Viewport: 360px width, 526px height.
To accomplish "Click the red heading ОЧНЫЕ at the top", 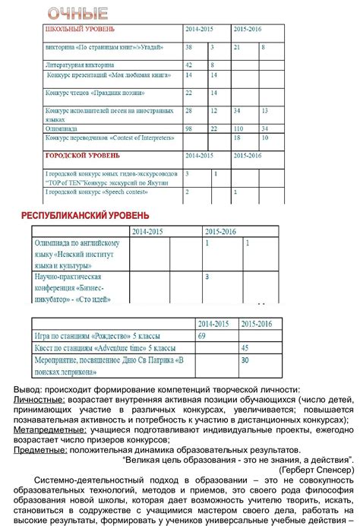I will point(77,13).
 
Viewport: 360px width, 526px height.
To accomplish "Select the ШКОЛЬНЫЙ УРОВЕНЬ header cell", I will point(81,29).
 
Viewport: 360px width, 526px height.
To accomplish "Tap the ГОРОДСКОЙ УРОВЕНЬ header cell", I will point(83,156).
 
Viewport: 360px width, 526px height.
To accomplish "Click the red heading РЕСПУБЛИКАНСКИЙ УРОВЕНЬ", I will point(84,216).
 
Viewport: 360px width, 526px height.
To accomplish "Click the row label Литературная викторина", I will point(79,66).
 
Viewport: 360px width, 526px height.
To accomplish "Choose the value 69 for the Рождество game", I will point(202,335).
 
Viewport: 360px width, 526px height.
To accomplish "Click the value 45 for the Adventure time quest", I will point(245,347).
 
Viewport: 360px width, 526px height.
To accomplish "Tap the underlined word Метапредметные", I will point(50,429).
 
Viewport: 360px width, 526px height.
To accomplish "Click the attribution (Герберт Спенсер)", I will point(315,469).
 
